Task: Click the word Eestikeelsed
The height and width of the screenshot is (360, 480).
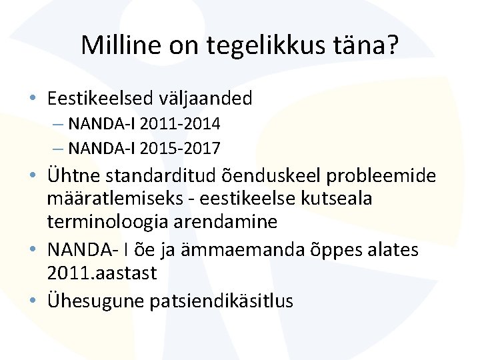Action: (x=99, y=99)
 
